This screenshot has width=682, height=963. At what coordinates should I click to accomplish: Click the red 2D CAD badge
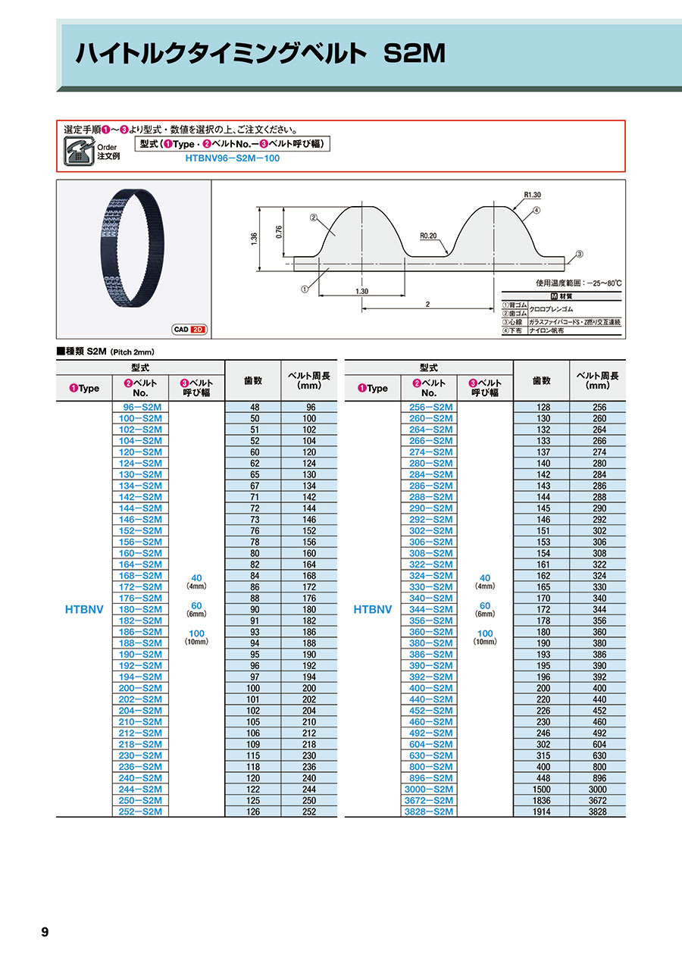[x=199, y=330]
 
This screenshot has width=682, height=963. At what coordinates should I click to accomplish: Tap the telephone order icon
[x=78, y=150]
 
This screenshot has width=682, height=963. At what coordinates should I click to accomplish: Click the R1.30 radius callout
[x=532, y=195]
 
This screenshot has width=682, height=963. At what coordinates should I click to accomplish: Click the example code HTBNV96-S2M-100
[x=231, y=159]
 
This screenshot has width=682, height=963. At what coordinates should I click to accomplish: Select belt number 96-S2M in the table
[x=140, y=407]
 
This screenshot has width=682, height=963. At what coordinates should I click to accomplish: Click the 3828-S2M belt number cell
[x=429, y=811]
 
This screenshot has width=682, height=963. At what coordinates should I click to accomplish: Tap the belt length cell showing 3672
[x=599, y=800]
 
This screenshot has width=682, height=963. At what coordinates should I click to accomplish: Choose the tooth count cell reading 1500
[x=541, y=789]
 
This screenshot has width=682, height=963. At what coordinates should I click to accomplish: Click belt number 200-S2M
[x=140, y=688]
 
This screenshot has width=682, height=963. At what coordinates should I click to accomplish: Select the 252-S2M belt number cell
[x=140, y=811]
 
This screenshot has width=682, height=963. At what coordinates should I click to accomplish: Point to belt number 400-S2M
[x=429, y=688]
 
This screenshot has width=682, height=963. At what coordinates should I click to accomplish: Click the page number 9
[x=45, y=932]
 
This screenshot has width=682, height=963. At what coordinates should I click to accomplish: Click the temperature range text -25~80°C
[x=599, y=283]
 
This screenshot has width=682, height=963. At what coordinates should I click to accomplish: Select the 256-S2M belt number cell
[x=429, y=407]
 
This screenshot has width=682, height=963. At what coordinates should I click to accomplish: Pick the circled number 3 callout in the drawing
[x=579, y=255]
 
